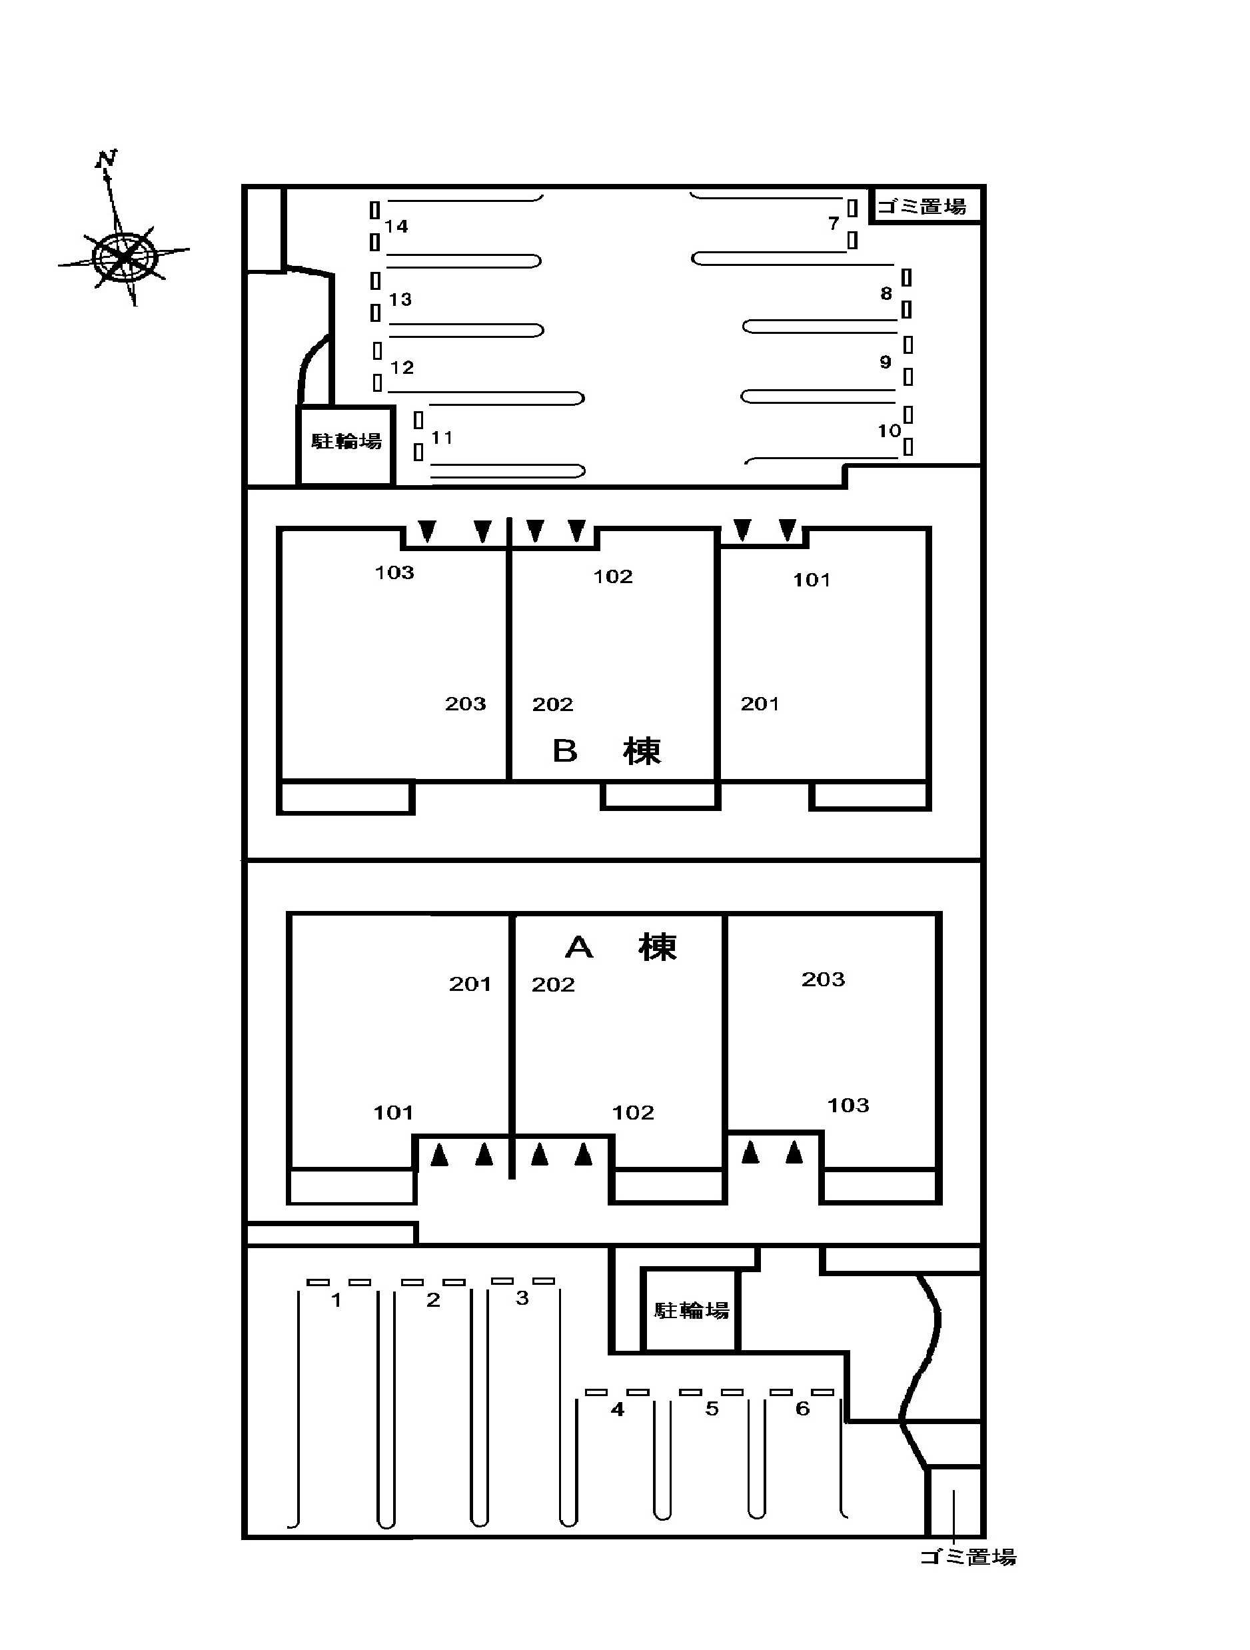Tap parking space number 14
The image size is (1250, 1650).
[396, 226]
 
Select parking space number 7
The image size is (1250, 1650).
[833, 223]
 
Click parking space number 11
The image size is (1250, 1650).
[442, 438]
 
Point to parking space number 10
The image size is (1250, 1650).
[888, 430]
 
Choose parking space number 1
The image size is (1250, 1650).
[336, 1300]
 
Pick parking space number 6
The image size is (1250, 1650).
[802, 1408]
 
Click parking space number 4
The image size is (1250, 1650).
[618, 1409]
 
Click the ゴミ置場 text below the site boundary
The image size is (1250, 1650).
[967, 1557]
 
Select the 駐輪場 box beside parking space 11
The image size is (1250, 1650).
[346, 442]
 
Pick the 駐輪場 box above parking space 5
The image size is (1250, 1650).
[692, 1311]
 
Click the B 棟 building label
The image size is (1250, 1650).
[606, 751]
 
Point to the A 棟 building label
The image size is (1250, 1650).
[620, 948]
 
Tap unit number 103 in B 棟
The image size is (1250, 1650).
[394, 572]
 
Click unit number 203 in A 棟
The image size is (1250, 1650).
[824, 980]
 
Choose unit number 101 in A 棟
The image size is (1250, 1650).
[393, 1113]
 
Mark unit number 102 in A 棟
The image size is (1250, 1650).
[633, 1113]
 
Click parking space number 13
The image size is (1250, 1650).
[400, 299]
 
